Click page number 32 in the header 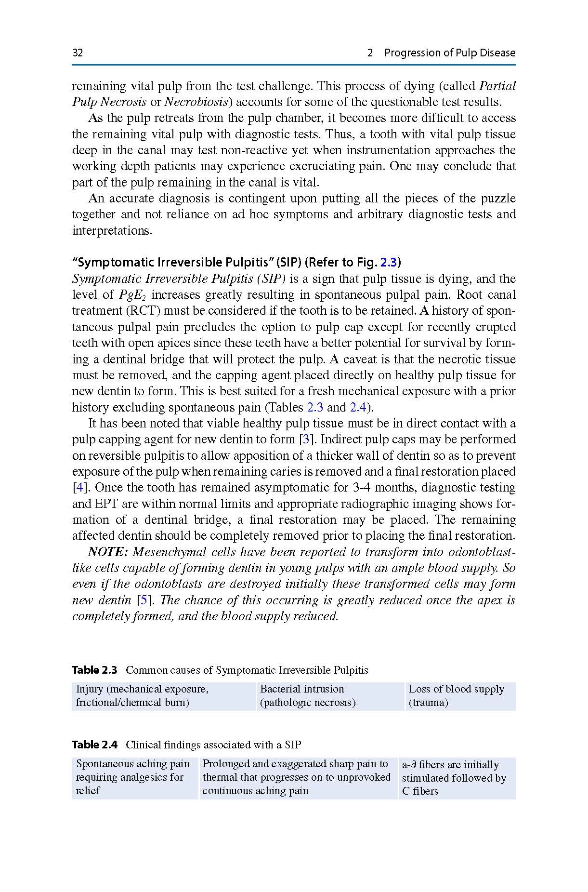(x=78, y=53)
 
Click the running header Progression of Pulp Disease (x=449, y=53)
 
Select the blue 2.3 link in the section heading (x=389, y=263)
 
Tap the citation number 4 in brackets (x=79, y=488)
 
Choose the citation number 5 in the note (x=143, y=600)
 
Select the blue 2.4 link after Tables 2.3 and (x=358, y=408)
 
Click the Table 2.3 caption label (x=94, y=670)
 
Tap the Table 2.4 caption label (x=94, y=745)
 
